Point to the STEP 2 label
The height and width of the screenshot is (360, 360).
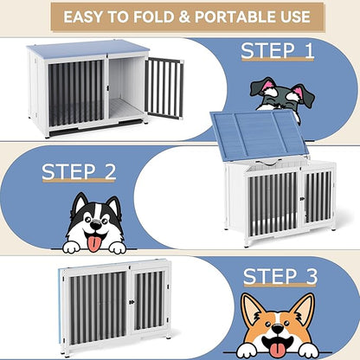pyautogui.click(x=79, y=170)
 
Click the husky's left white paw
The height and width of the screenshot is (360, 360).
pyautogui.click(x=71, y=247)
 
